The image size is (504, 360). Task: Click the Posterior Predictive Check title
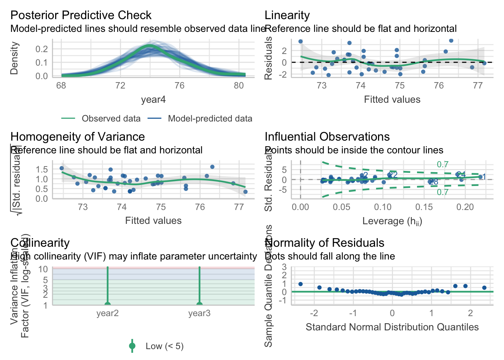[x=81, y=15]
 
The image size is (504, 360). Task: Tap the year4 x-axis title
[x=153, y=99]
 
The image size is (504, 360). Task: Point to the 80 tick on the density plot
[x=238, y=85]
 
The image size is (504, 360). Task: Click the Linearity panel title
[x=287, y=15]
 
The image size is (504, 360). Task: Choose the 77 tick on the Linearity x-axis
[x=477, y=85]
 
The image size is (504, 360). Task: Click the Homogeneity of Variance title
[x=78, y=136]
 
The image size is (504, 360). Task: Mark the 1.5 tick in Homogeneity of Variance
[x=42, y=169]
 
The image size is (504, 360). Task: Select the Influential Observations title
[x=327, y=136]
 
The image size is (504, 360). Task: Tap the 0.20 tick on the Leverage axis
[x=465, y=207]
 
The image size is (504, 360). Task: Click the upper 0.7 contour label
[x=442, y=165]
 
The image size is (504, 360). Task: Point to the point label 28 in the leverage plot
[x=433, y=182]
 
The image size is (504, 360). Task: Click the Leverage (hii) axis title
[x=392, y=221]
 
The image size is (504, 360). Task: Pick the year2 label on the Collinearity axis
[x=107, y=313]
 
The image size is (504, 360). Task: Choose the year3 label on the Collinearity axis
[x=199, y=313]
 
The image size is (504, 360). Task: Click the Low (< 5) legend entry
[x=164, y=346]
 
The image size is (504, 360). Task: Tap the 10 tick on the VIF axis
[x=43, y=269]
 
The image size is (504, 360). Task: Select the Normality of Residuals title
[x=324, y=243]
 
